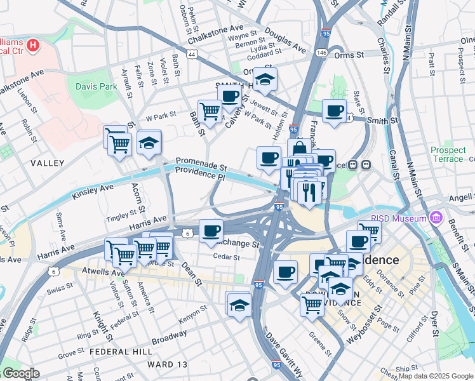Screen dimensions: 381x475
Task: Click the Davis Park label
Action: pyautogui.click(x=97, y=86)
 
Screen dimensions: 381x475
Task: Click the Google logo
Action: pyautogui.click(x=20, y=373)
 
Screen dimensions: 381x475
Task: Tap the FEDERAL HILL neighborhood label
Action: pyautogui.click(x=120, y=351)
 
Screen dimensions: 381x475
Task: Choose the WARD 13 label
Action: pyautogui.click(x=168, y=364)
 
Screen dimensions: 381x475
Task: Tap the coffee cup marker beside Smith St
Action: pyautogui.click(x=334, y=110)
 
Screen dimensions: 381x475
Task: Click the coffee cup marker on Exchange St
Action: pyautogui.click(x=211, y=230)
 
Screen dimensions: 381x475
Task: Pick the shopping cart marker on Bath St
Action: pyautogui.click(x=209, y=111)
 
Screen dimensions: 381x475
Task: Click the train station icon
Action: pyautogui.click(x=366, y=164)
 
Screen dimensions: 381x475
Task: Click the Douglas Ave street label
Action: pyautogui.click(x=285, y=38)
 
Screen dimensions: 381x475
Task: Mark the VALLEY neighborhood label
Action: pyautogui.click(x=48, y=163)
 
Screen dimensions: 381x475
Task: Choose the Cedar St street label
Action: pyautogui.click(x=227, y=258)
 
